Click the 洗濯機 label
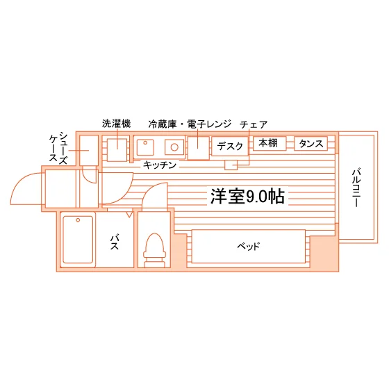click(117, 124)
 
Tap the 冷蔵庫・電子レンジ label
click(190, 124)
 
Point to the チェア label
click(254, 124)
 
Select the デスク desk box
click(230, 146)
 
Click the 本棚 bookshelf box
click(270, 143)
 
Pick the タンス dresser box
click(311, 143)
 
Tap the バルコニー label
click(356, 188)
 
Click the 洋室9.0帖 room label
click(247, 196)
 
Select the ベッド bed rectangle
click(249, 246)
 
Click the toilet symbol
click(154, 250)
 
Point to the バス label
click(115, 242)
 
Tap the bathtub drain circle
click(78, 220)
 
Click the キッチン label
click(160, 165)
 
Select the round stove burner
click(174, 147)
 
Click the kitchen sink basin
click(145, 147)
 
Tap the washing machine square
click(117, 149)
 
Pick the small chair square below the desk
click(231, 165)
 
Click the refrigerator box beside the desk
click(198, 148)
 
